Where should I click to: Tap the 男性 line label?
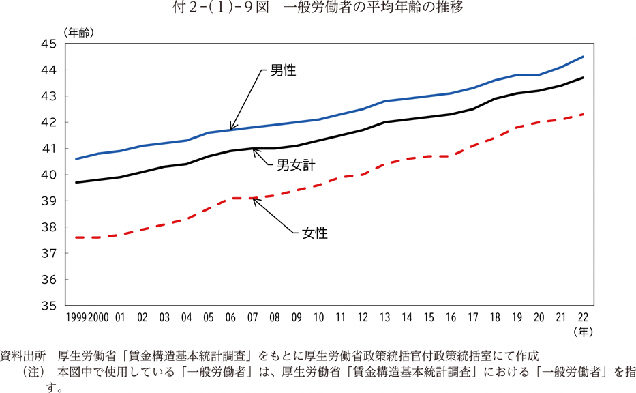283,70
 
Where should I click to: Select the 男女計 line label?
295,164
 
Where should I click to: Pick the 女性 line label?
315,233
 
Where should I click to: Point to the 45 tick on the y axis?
48,44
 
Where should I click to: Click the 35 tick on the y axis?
48,306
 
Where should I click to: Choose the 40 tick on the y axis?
48,175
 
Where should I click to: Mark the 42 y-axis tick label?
48,122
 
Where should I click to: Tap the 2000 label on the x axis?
98,317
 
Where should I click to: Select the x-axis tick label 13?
384,317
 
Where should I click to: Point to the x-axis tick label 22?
582,317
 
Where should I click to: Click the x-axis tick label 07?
252,317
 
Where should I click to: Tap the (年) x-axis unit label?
584,332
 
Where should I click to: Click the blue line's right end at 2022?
583,57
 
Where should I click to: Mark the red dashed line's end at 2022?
583,114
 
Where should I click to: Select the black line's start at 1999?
76,182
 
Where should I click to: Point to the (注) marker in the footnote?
35,373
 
